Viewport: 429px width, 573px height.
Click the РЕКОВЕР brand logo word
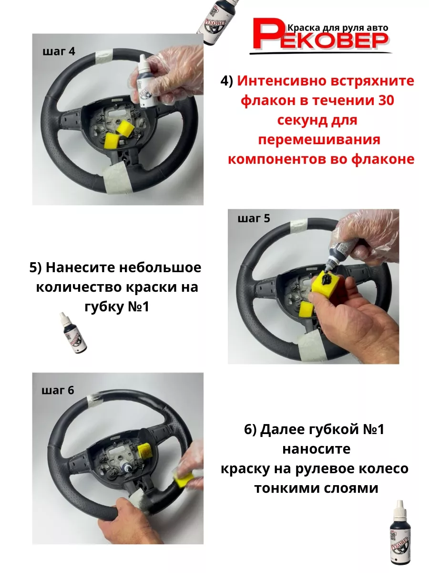pos(320,35)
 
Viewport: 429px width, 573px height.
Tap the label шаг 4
pos(59,52)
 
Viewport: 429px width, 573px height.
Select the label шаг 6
pos(58,391)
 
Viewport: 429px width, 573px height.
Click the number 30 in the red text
pos(386,100)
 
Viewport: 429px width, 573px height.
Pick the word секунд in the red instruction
pos(299,120)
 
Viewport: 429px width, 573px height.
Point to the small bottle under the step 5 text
pos(72,333)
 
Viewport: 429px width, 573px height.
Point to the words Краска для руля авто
pos(338,28)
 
